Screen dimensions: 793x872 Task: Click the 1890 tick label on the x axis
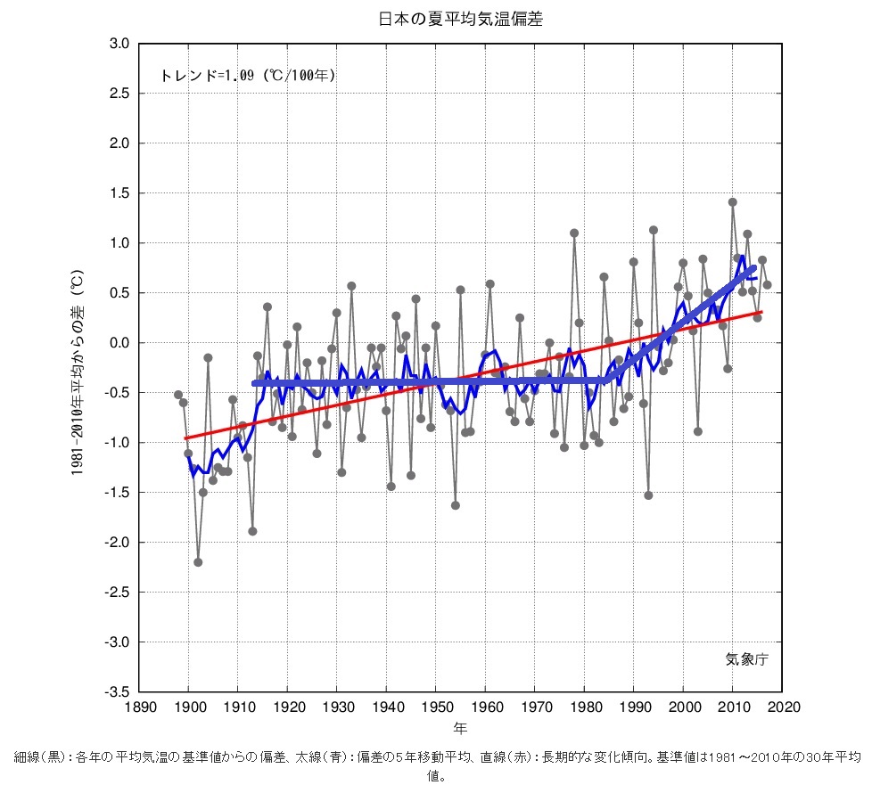[x=139, y=707]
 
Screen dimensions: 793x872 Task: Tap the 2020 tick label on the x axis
[x=781, y=707]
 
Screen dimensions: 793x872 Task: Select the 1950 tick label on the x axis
[x=436, y=707]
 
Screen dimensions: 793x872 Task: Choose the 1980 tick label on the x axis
[x=584, y=707]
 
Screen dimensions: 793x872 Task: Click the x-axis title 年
[x=459, y=728]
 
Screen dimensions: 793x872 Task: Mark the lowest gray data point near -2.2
[x=198, y=562]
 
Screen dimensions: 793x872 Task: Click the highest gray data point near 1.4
[x=732, y=202]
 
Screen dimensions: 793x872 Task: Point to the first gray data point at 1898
[x=178, y=395]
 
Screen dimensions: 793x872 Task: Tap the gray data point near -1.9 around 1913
[x=252, y=531]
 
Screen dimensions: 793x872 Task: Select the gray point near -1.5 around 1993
[x=648, y=495]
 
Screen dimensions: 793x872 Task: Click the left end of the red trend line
[x=185, y=438]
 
